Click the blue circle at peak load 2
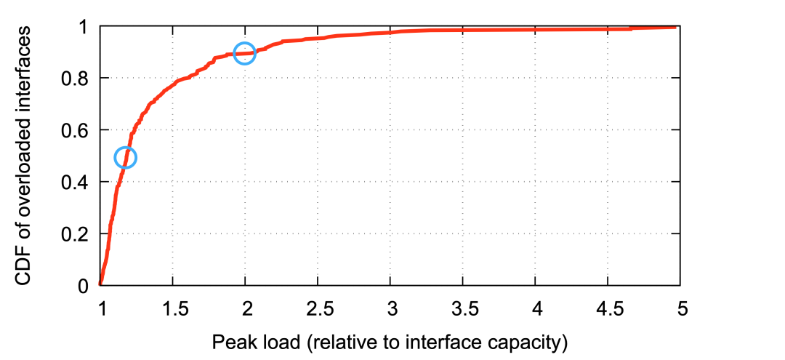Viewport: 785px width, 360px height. click(245, 53)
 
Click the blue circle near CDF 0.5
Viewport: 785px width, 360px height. click(126, 157)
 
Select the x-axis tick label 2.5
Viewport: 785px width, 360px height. click(318, 308)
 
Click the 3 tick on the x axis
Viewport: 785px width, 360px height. click(391, 308)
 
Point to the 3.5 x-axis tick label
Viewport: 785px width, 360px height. click(464, 308)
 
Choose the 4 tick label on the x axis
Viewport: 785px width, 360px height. click(536, 308)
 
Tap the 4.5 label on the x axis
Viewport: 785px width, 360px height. click(609, 308)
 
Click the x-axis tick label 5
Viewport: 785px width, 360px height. click(682, 308)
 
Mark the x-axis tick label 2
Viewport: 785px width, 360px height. click(246, 308)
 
